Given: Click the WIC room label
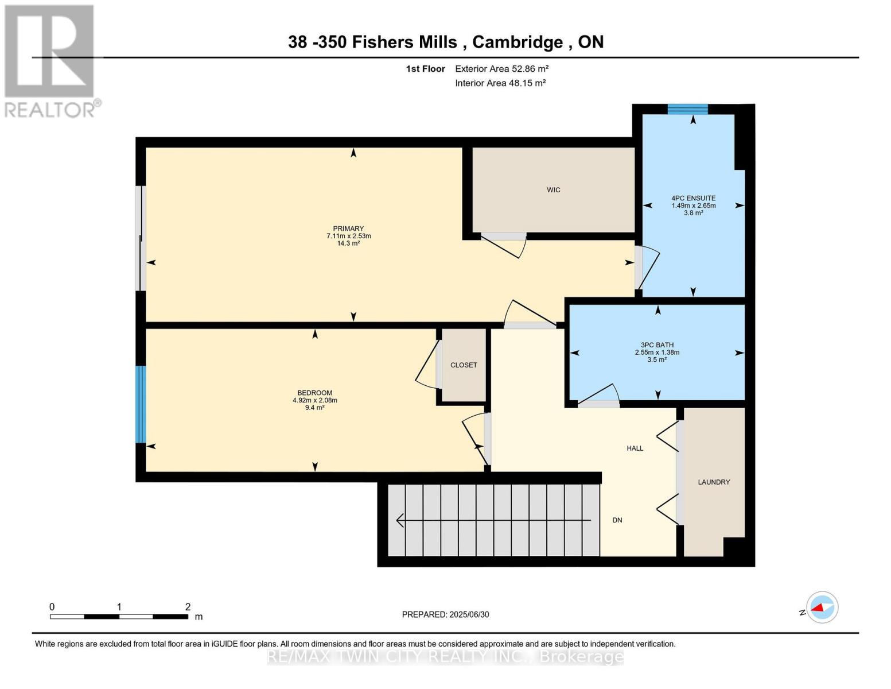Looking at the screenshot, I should pos(553,190).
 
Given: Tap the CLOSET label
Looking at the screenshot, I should pos(464,365).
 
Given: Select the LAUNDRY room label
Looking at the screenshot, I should pos(714,482).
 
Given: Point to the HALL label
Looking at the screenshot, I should pos(635,448).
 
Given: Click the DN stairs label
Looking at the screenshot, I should pos(617,520).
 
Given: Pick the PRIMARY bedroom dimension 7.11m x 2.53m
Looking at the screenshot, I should pos(348,236).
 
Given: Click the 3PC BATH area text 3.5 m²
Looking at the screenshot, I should pos(657,360).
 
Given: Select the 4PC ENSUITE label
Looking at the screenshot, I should pos(693,198).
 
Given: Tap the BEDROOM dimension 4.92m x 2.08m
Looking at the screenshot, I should pos(314,400).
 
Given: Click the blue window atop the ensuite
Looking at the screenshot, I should pos(687,109).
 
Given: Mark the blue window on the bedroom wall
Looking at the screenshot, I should pos(141,404).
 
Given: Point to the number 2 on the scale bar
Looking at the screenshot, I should pos(188,607).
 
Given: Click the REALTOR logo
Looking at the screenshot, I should pos(50,60).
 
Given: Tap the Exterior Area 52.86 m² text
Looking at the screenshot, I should pos(501,69).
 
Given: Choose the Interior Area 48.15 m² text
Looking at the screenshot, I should pos(500,83).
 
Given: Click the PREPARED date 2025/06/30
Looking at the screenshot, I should pos(469,614).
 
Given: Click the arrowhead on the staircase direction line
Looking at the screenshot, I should pos(400,520).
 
